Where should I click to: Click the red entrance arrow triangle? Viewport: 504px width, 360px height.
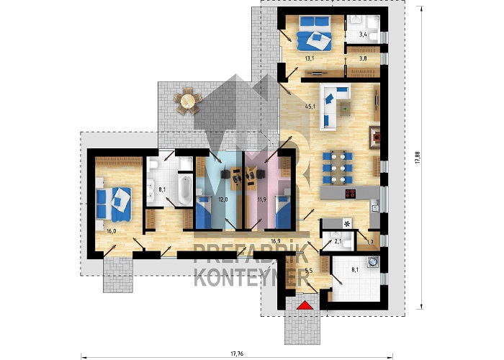click(305, 305)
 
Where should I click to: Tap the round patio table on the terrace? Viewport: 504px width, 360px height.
click(188, 102)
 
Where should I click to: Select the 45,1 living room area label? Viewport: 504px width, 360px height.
click(309, 105)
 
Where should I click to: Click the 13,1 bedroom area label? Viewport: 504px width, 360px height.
click(309, 58)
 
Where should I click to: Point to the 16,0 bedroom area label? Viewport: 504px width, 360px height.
click(111, 231)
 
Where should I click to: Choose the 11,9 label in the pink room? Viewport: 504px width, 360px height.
click(261, 199)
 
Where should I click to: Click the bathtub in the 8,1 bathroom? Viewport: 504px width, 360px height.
click(185, 189)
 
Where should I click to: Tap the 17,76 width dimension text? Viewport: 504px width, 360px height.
click(237, 354)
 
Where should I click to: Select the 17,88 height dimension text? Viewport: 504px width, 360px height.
click(418, 158)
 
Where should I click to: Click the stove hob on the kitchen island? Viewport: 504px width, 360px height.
click(351, 194)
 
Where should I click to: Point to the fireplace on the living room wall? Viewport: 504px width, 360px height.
click(375, 138)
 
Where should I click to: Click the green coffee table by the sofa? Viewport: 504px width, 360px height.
click(346, 109)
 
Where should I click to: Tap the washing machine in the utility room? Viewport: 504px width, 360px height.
click(374, 261)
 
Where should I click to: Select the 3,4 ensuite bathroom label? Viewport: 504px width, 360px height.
click(363, 35)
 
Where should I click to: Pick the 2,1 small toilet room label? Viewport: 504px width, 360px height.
click(338, 241)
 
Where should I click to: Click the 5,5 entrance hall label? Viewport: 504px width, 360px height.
click(309, 271)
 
